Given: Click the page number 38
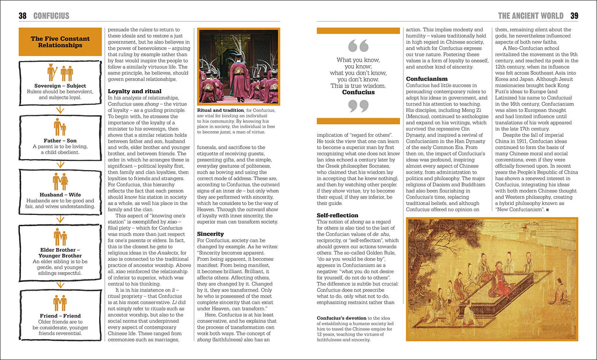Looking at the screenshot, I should pyautogui.click(x=22, y=16).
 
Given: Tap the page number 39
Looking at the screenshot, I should pyautogui.click(x=574, y=16).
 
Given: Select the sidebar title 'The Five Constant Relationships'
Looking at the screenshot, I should pyautogui.click(x=60, y=42).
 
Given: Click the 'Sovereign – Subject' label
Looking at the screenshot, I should pyautogui.click(x=60, y=86).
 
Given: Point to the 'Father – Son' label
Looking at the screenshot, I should pyautogui.click(x=60, y=140).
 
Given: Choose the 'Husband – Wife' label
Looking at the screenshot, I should pyautogui.click(x=60, y=194).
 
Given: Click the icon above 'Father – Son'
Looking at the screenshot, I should pyautogui.click(x=60, y=126).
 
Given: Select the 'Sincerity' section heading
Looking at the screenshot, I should pyautogui.click(x=210, y=234).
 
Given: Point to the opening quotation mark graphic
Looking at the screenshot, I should pyautogui.click(x=358, y=46).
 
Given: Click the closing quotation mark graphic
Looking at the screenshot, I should pyautogui.click(x=358, y=106).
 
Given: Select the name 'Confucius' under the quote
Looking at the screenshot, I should pyautogui.click(x=358, y=92).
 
